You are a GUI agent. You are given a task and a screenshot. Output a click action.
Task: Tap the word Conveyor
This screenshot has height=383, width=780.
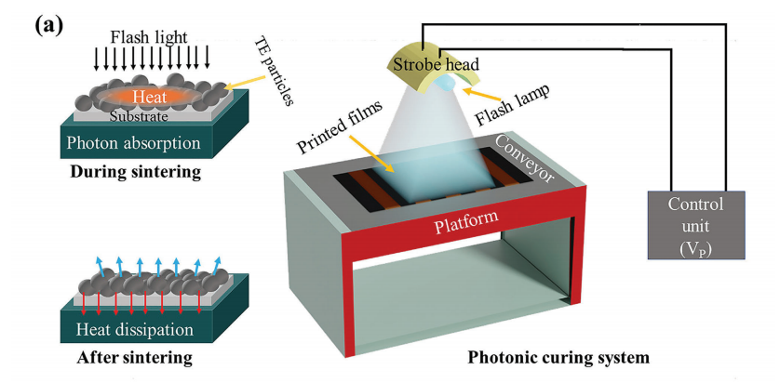543,159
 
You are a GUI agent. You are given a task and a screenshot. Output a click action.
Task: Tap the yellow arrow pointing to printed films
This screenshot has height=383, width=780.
377,161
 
